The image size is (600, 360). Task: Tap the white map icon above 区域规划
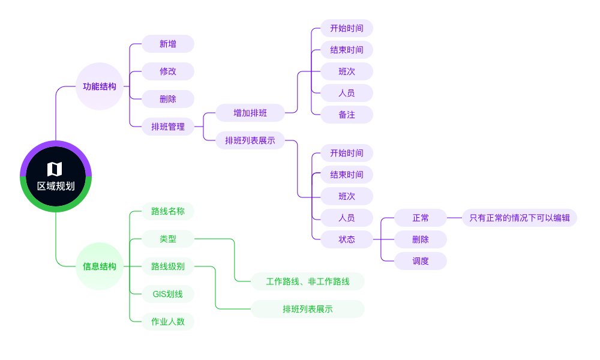(55, 169)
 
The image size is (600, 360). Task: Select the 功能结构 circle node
(100, 86)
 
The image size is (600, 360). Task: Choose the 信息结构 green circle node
(100, 266)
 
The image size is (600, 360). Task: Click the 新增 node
(168, 44)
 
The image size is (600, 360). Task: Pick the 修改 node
(168, 71)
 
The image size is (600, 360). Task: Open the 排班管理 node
(168, 127)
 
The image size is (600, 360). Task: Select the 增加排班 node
(250, 113)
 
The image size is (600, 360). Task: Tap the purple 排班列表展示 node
(250, 140)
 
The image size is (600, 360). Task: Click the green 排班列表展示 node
(308, 309)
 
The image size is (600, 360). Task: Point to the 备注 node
(347, 115)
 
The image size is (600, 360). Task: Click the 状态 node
(347, 239)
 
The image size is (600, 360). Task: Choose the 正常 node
(421, 218)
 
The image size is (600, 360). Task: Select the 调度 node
(421, 261)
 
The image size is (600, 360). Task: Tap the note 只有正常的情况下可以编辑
(520, 218)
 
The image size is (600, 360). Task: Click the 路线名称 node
(168, 211)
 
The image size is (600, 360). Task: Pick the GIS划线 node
(168, 294)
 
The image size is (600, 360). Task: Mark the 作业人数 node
(168, 322)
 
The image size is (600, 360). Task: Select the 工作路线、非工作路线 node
(308, 281)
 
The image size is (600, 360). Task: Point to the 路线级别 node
(168, 266)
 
